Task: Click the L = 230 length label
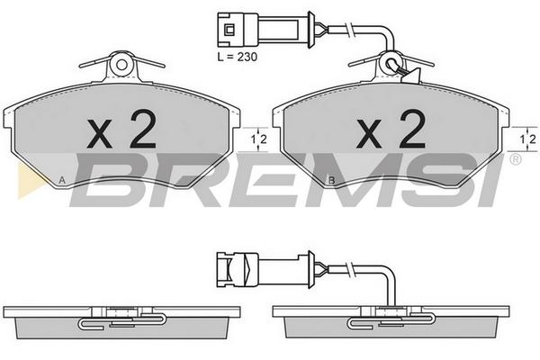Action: tap(238, 57)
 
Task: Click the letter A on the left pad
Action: tap(62, 179)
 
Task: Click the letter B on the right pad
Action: tap(331, 179)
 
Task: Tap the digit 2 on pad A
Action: tap(144, 129)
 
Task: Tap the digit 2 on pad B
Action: tap(413, 129)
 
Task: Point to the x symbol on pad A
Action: tap(100, 134)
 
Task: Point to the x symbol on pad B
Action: tap(369, 134)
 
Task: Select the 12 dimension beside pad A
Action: tap(258, 139)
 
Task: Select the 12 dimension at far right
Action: tap(528, 139)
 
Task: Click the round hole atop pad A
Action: tap(121, 65)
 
